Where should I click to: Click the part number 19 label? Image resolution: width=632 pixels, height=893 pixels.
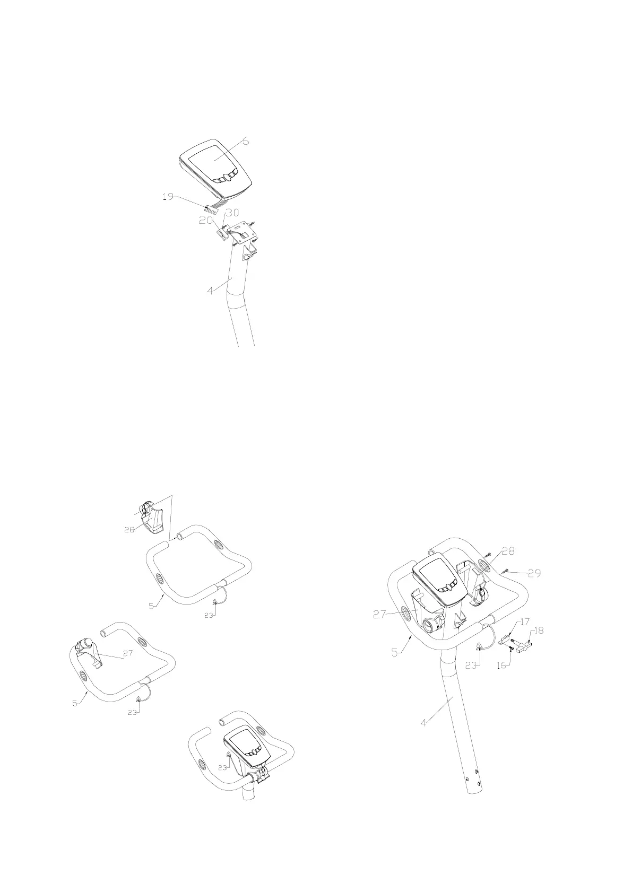point(168,197)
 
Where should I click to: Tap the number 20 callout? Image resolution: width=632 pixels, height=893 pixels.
point(205,220)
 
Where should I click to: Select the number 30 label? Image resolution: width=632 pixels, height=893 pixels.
point(232,213)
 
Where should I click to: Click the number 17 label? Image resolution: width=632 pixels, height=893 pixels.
point(525,622)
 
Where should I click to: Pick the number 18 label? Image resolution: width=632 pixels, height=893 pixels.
point(539,631)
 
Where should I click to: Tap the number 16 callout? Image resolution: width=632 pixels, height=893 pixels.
point(501,665)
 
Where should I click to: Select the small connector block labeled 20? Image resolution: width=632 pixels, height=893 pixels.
point(222,234)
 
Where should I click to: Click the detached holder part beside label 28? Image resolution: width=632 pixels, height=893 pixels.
point(152,517)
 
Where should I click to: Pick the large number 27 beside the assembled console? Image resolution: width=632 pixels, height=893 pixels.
point(379,614)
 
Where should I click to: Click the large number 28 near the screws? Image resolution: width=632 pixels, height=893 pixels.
point(508,551)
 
